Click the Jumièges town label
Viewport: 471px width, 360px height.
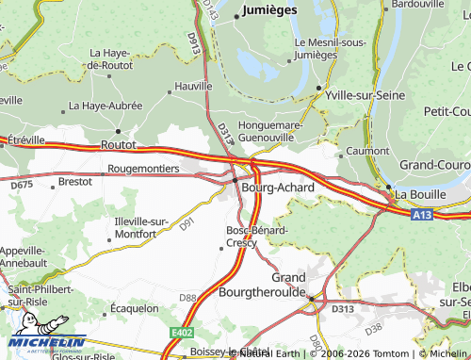pyautogui.click(x=269, y=9)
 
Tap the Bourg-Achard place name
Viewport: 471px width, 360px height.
pyautogui.click(x=277, y=188)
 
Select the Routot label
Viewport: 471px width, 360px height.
pyautogui.click(x=119, y=146)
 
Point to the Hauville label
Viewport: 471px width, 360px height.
pyautogui.click(x=194, y=85)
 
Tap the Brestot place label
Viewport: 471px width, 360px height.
pyautogui.click(x=75, y=180)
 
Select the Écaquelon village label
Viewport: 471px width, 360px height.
pyautogui.click(x=134, y=307)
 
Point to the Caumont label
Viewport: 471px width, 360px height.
pyautogui.click(x=367, y=151)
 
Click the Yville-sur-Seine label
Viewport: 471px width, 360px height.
pyautogui.click(x=363, y=95)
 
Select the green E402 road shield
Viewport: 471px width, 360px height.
pyautogui.click(x=182, y=333)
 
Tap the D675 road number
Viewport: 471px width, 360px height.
pyautogui.click(x=22, y=185)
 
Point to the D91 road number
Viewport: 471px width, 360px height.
pyautogui.click(x=187, y=222)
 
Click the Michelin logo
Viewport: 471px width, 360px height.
pyautogui.click(x=44, y=343)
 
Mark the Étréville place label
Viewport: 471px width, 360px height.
pyautogui.click(x=25, y=139)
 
